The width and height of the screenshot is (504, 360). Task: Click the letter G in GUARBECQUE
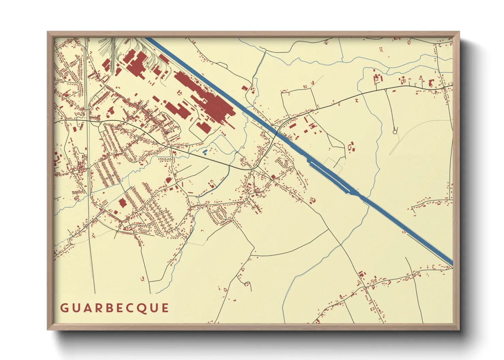[x=64, y=308]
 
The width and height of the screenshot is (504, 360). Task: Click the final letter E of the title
[x=165, y=308]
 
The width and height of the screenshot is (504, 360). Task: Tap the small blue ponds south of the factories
[x=205, y=152]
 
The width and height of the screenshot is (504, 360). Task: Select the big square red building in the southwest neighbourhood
[x=122, y=203]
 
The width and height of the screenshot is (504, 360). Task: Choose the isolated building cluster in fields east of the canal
[x=351, y=147]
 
